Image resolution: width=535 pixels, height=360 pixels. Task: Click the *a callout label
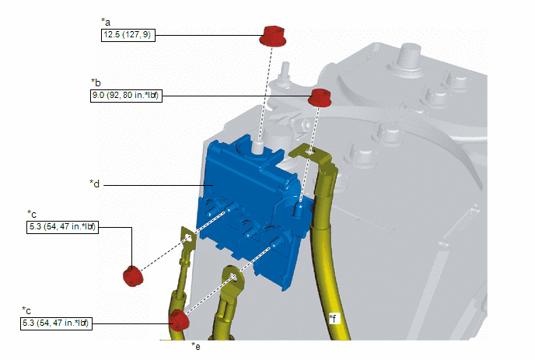tap(106, 23)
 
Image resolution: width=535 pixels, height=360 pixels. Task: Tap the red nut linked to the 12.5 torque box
tap(272, 36)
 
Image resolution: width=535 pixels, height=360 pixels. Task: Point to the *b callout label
tap(96, 82)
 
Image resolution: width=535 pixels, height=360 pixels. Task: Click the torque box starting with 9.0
tap(126, 96)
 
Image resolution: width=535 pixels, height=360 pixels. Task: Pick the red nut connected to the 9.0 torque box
tap(320, 98)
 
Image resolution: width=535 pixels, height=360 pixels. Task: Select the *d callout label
tap(95, 184)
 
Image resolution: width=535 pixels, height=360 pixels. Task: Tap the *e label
tap(196, 346)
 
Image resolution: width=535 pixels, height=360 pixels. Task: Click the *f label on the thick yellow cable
tap(333, 319)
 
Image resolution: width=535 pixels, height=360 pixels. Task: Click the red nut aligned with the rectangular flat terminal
tap(133, 276)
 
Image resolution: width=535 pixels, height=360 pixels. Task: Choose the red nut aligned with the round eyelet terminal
tap(178, 320)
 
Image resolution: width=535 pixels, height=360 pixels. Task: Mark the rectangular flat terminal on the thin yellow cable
tap(187, 237)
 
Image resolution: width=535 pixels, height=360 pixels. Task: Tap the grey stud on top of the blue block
tap(258, 148)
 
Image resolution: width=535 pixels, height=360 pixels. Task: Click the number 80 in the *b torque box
tap(128, 95)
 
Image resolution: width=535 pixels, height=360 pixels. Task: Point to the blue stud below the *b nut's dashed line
tap(299, 210)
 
